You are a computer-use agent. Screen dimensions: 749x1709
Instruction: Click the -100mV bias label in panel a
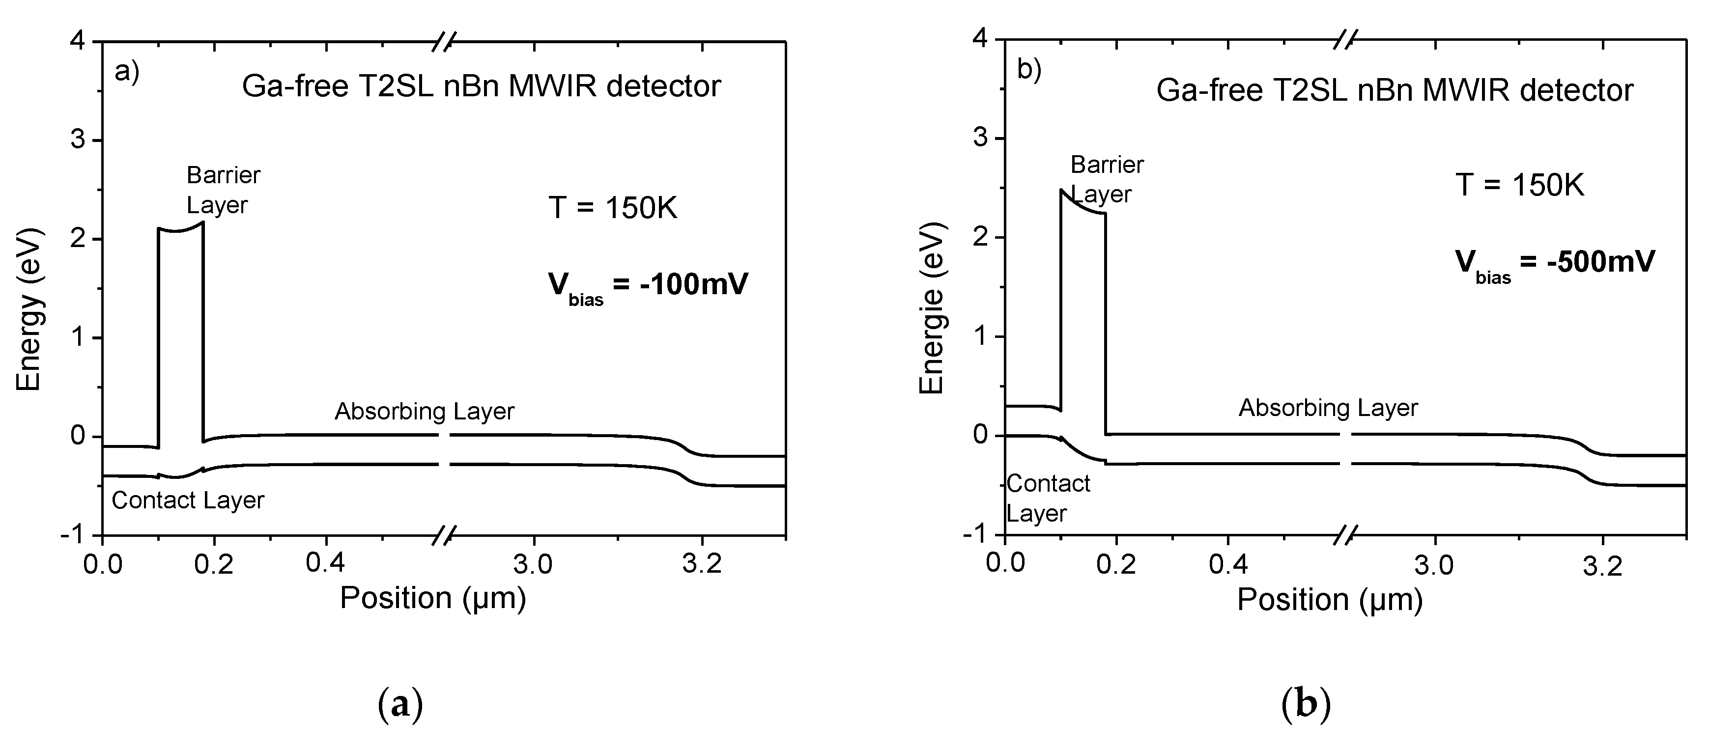[648, 287]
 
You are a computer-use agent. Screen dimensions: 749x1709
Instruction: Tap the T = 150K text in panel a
[612, 208]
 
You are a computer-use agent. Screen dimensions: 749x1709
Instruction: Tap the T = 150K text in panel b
[1519, 185]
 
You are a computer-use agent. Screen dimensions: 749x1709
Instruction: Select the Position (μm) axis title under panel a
[432, 598]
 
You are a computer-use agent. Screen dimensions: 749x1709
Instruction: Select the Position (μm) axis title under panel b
[1330, 600]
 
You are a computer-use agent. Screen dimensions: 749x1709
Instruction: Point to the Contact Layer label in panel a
[188, 500]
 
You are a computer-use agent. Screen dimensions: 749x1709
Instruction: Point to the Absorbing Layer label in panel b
[1328, 408]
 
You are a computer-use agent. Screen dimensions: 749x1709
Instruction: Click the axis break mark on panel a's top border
[443, 42]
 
